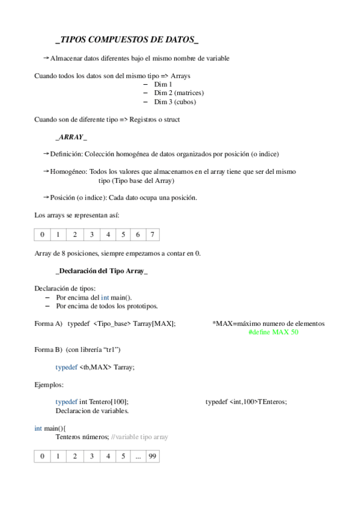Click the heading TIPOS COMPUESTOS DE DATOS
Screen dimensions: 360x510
point(127,40)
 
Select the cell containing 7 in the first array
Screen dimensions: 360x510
point(154,234)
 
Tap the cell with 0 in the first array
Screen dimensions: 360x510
point(42,234)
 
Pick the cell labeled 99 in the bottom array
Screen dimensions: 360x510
point(153,456)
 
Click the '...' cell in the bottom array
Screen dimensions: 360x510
point(138,456)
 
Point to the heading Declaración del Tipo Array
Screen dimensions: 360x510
point(101,271)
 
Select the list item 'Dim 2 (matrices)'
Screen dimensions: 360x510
point(178,93)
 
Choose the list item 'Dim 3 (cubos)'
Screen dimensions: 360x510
point(175,102)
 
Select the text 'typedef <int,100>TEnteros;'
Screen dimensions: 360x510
point(246,401)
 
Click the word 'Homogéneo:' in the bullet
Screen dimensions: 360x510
point(69,171)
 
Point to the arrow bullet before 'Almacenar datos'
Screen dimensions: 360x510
point(46,58)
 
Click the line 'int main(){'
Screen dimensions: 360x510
point(50,428)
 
